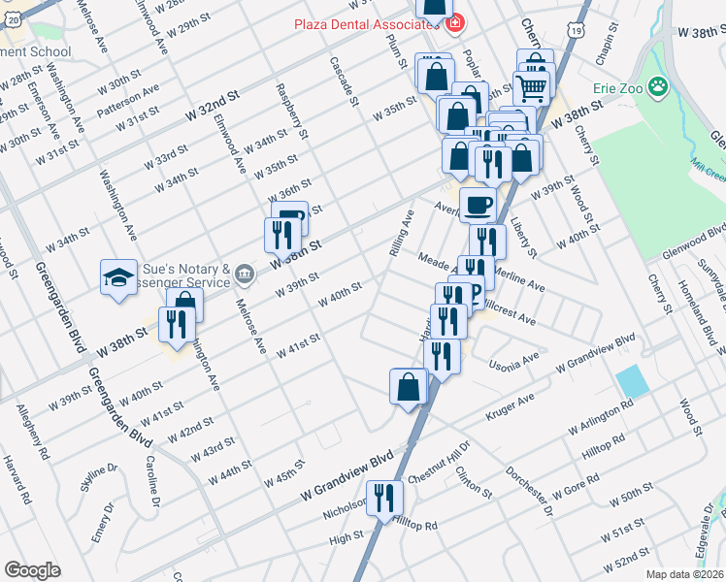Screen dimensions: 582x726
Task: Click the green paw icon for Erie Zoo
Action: [659, 86]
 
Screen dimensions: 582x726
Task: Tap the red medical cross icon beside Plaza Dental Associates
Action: [457, 20]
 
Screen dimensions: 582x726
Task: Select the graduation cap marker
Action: [118, 276]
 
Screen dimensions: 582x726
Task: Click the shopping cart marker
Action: [532, 88]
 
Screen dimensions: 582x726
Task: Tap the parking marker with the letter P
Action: [473, 292]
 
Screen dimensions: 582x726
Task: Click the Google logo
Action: [31, 570]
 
